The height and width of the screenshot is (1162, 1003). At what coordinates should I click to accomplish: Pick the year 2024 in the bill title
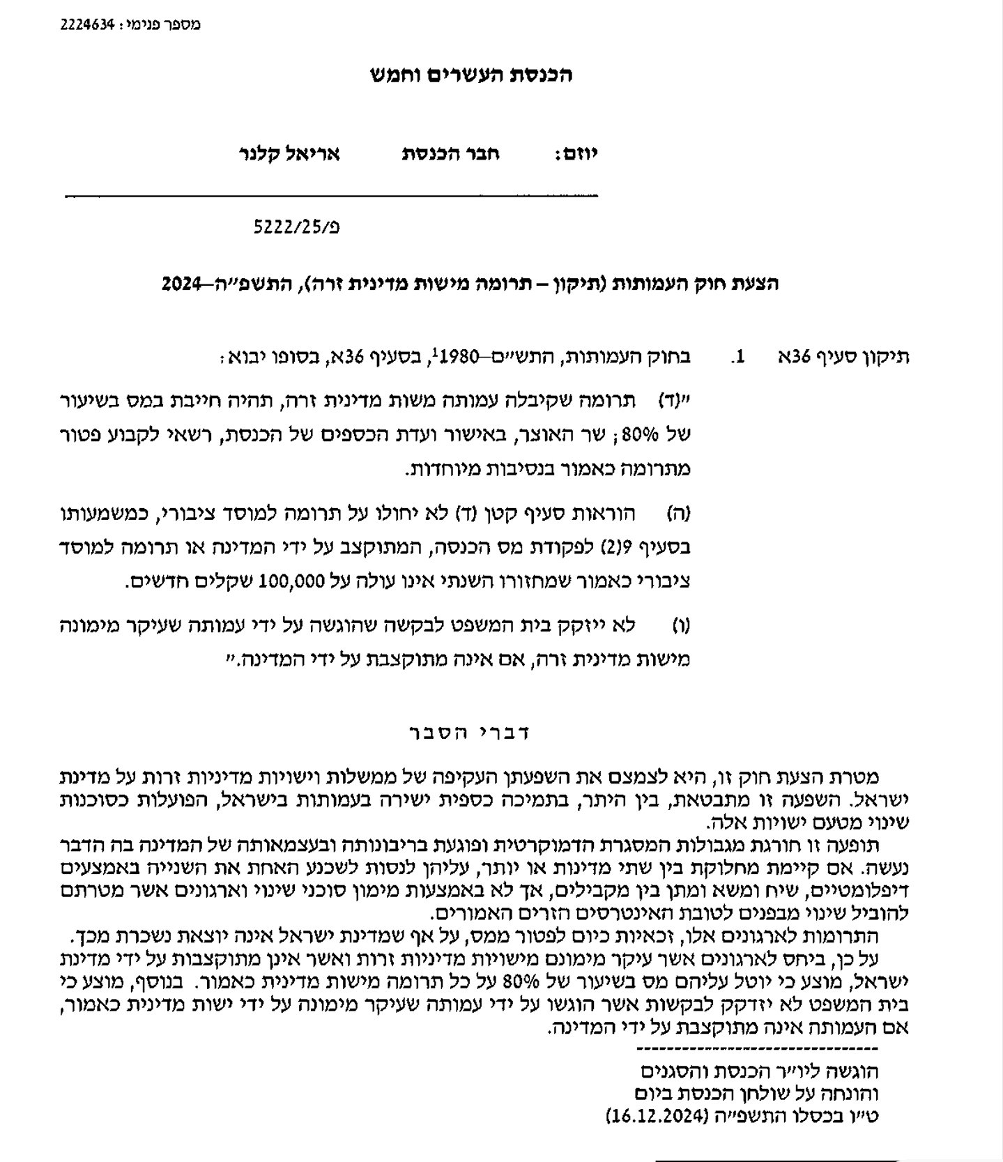[x=181, y=284]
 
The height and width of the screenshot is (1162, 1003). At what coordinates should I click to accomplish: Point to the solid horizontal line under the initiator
[x=331, y=195]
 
